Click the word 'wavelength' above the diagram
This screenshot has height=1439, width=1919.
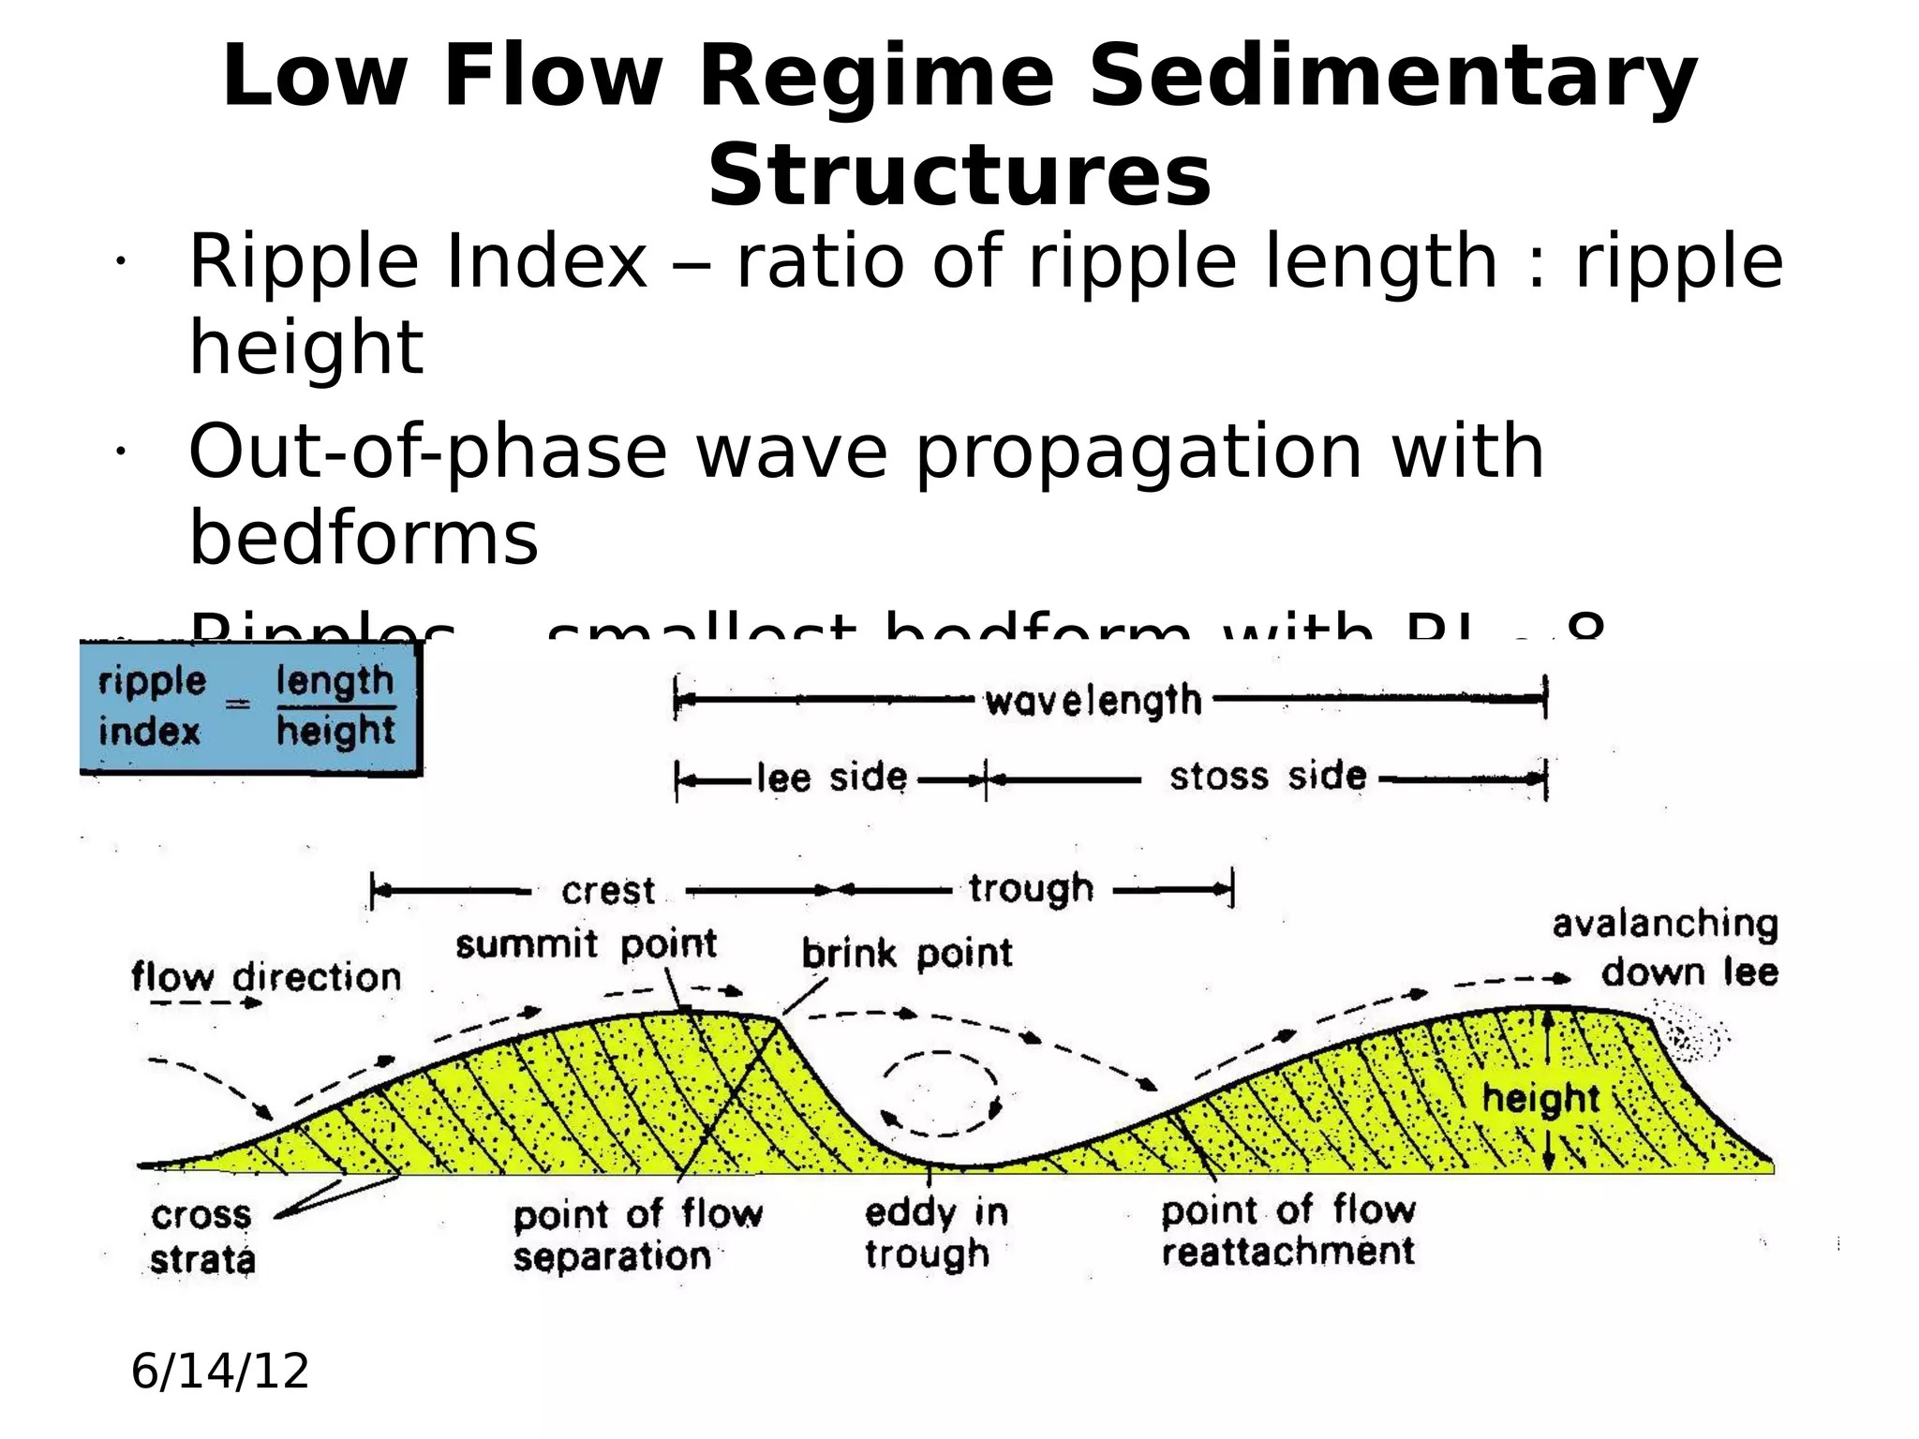[1093, 701]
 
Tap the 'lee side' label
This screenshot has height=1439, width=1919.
[832, 778]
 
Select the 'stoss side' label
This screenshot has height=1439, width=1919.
[1268, 777]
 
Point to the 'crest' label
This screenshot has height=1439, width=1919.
[608, 891]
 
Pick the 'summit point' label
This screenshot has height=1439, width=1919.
[587, 944]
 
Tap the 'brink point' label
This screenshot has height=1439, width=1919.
[907, 954]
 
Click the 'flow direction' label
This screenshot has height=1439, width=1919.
[266, 978]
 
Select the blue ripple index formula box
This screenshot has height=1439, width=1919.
[250, 708]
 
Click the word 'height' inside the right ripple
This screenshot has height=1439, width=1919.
[1540, 1099]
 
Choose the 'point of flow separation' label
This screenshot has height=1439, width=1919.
[637, 1235]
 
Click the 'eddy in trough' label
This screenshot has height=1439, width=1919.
[935, 1233]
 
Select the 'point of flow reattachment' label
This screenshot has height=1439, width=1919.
[1288, 1230]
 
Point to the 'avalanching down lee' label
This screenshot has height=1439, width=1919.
[1666, 948]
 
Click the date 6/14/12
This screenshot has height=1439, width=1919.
[220, 1372]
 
